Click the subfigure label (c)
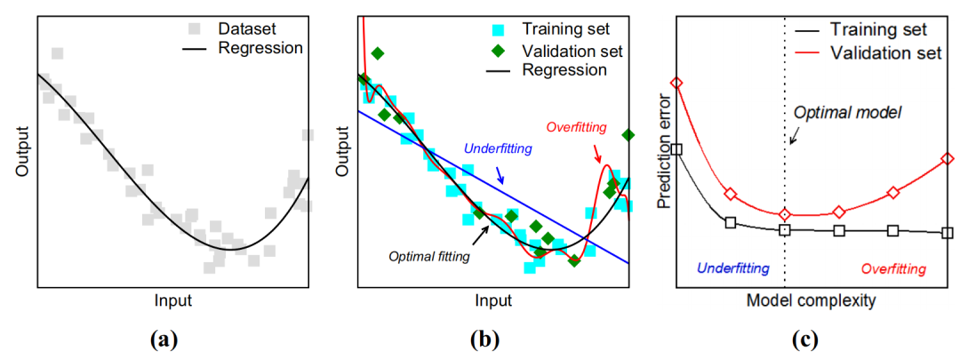click(x=808, y=339)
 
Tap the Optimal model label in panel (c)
click(x=847, y=113)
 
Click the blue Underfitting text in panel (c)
click(x=733, y=268)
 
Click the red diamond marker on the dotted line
click(x=785, y=214)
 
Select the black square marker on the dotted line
click(x=785, y=229)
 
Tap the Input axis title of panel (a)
click(x=172, y=300)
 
